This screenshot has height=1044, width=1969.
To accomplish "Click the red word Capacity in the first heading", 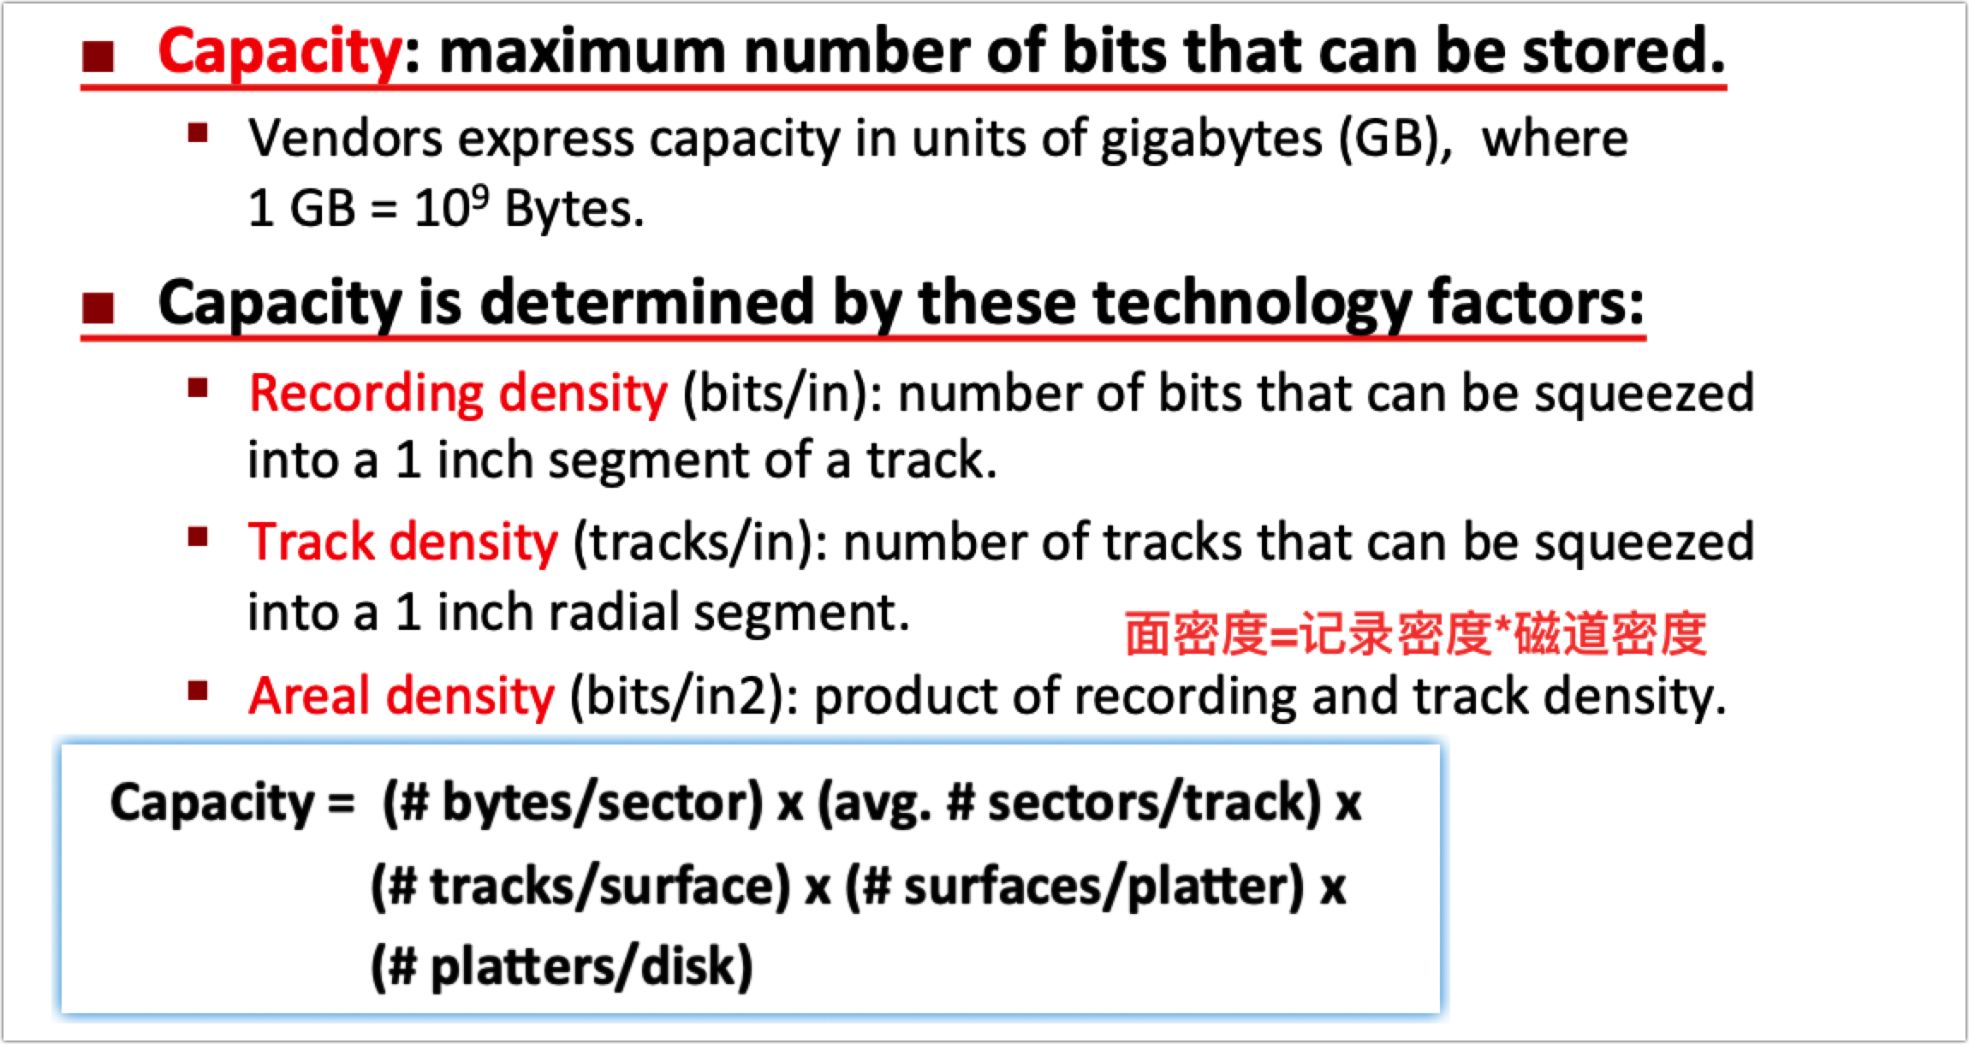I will [x=279, y=51].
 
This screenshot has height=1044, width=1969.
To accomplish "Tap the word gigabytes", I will [x=1211, y=139].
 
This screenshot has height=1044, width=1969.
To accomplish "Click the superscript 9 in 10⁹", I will [x=480, y=197].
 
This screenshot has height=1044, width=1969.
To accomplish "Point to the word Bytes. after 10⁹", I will [x=574, y=209].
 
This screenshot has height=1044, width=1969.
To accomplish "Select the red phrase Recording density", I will [x=457, y=394].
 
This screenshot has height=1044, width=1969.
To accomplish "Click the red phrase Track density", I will [x=402, y=543].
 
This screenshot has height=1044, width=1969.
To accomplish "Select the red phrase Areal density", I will [x=401, y=695].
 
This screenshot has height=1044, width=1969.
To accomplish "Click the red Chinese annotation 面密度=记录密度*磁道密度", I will [x=1414, y=635].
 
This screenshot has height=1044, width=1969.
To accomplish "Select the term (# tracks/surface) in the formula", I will [x=580, y=887].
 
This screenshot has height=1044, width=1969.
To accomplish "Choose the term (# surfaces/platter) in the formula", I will [x=1074, y=887].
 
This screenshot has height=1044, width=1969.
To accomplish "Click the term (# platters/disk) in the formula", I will [x=562, y=967].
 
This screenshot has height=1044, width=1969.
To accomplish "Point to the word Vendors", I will [x=345, y=139].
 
